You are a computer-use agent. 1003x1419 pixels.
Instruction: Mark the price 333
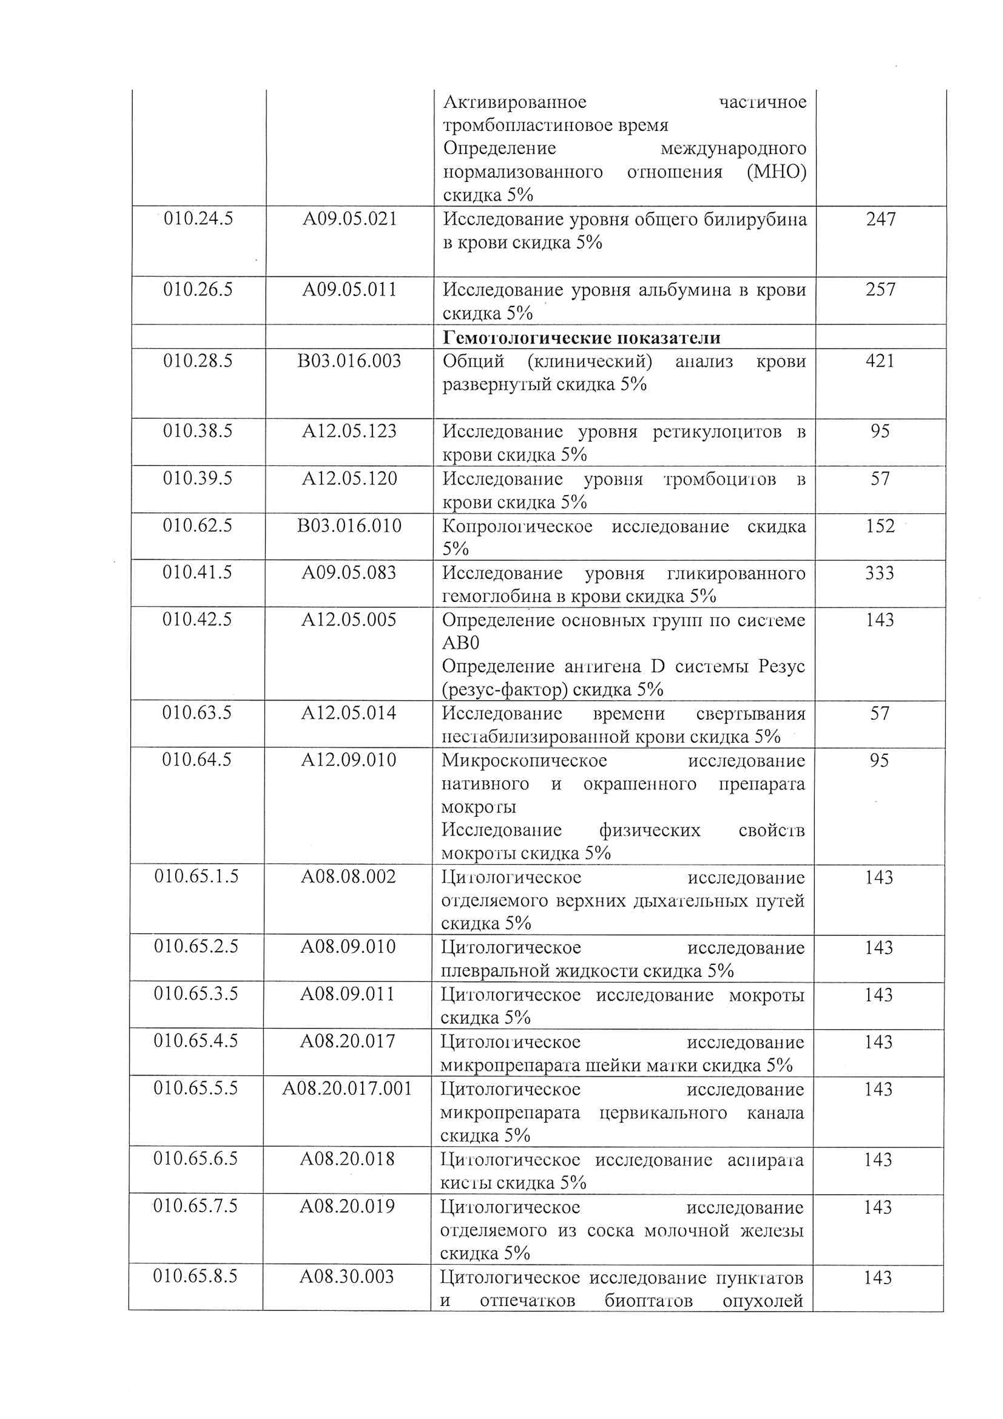880,573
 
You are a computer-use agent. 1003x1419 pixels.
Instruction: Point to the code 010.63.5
197,713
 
